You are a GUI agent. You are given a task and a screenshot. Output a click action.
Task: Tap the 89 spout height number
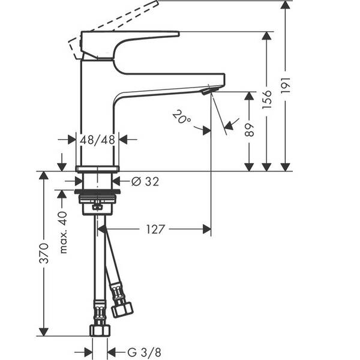[250, 130]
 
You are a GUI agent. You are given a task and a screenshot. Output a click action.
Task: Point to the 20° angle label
[181, 116]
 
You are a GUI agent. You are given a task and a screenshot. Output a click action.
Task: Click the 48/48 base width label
[98, 140]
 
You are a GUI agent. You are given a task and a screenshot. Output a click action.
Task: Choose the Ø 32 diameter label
[145, 181]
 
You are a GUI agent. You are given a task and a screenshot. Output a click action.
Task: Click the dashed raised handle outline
[120, 18]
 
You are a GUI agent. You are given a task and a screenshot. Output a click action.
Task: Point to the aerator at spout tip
[206, 91]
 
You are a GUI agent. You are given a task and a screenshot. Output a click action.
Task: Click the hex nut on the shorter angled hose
[123, 310]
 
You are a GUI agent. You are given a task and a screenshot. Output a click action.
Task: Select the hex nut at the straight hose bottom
[99, 330]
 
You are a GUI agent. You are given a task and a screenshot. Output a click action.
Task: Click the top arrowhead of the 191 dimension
[286, 5]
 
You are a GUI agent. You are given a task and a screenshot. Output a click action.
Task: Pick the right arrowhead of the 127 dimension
[207, 229]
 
